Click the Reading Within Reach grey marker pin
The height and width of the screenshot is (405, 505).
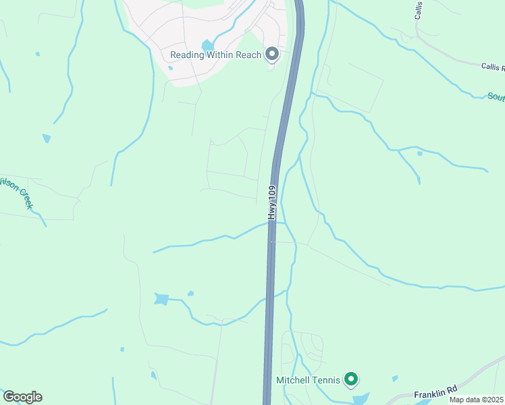272,54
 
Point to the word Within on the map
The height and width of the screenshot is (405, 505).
220,55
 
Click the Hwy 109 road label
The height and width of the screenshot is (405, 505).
272,202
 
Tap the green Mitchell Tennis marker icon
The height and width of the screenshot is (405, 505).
350,380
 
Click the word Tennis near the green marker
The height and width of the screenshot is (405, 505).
327,380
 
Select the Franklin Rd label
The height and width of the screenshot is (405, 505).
436,391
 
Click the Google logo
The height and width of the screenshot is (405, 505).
22,397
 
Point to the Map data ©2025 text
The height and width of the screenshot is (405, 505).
476,400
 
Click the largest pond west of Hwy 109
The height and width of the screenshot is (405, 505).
161,299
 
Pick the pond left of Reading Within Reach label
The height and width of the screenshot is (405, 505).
208,45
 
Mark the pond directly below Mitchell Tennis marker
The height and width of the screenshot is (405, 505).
359,399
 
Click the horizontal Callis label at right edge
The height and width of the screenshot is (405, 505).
492,66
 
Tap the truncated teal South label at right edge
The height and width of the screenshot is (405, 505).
496,97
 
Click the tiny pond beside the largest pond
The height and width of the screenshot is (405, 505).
190,293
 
